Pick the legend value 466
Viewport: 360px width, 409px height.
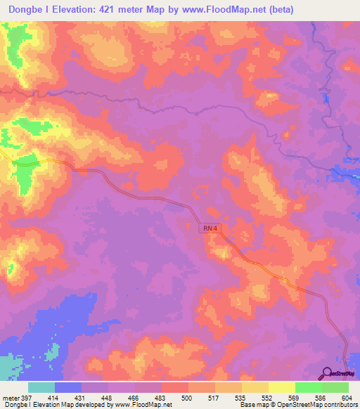pos(135,398)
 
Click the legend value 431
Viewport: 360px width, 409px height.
pos(82,398)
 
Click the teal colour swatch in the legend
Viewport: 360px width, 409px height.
pos(41,387)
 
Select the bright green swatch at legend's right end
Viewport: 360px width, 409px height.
pos(335,387)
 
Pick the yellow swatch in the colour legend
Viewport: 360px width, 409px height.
pos(282,387)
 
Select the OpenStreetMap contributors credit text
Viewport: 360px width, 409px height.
pos(324,405)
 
